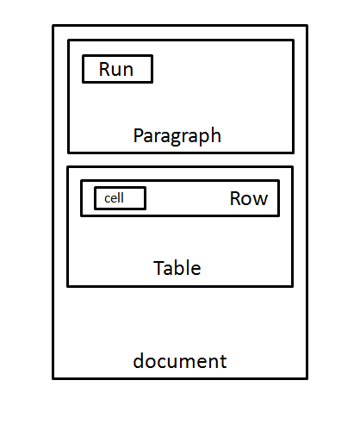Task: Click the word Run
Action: [116, 69]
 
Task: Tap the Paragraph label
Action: [177, 136]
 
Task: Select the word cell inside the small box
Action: [114, 198]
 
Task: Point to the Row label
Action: [248, 199]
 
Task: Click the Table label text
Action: [177, 268]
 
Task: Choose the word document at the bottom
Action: [180, 361]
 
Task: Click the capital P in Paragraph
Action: [138, 135]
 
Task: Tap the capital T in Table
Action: [158, 267]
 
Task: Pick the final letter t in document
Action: [223, 361]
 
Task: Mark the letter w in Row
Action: [260, 200]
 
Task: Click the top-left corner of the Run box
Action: [83, 56]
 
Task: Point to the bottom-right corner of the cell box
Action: [145, 209]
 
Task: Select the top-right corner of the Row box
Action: [278, 181]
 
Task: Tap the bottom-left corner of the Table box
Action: [68, 286]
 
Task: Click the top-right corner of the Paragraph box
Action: [293, 41]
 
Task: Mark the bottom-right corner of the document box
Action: [306, 377]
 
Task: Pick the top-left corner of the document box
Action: [53, 26]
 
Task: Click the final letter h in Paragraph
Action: [216, 135]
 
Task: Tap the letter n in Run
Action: [128, 70]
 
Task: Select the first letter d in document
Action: [138, 360]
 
